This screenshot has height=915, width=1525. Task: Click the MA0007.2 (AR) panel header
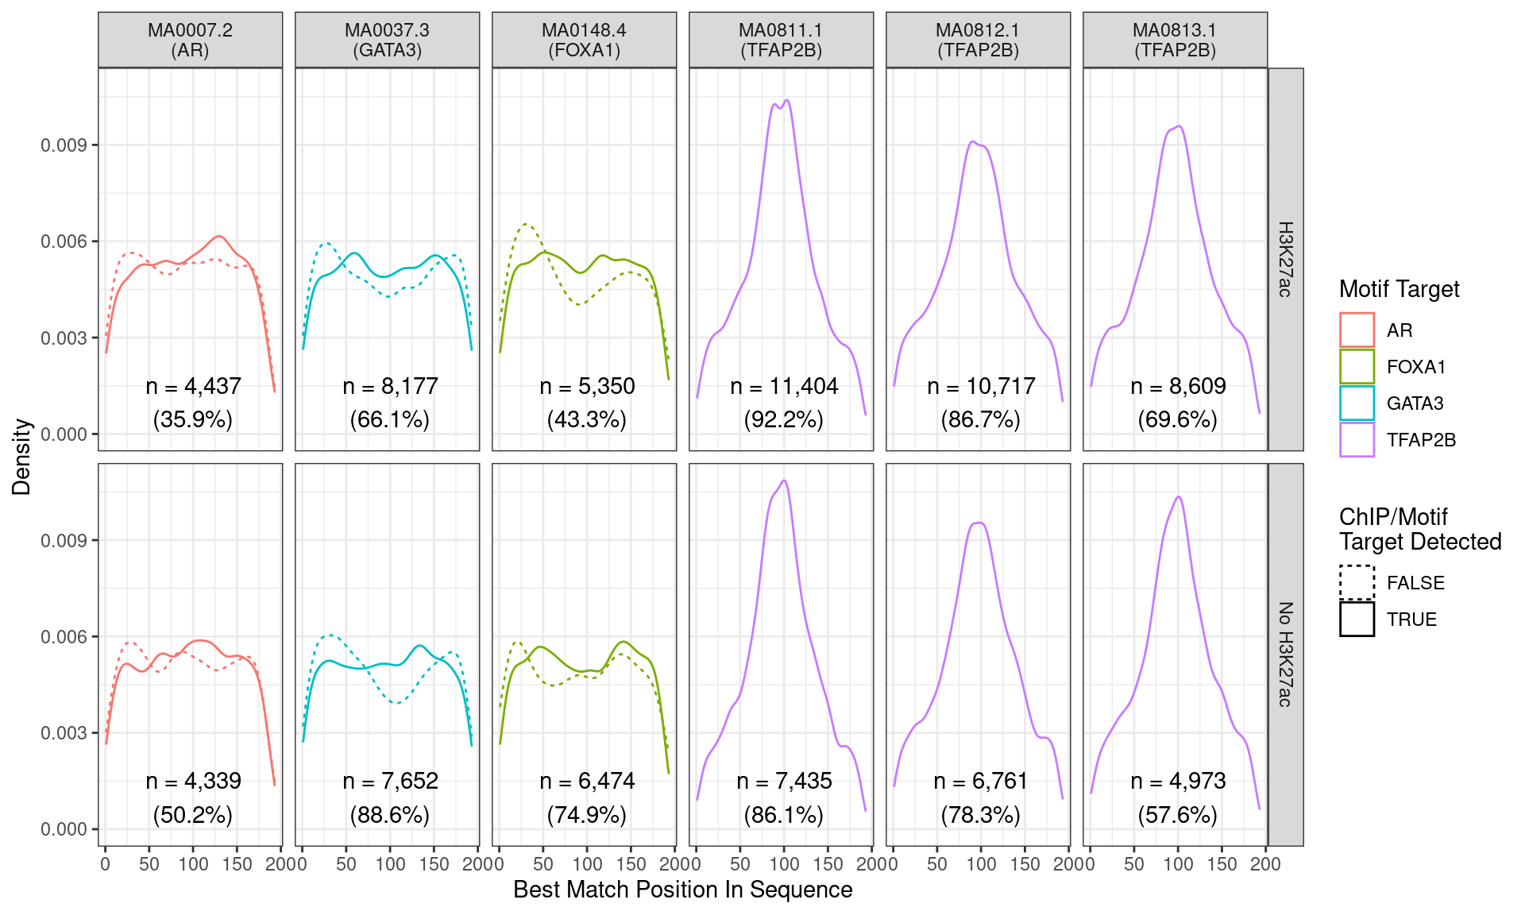(x=190, y=40)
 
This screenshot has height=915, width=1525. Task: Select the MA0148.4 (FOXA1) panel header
(x=584, y=40)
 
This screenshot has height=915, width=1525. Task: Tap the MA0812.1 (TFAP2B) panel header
(x=978, y=40)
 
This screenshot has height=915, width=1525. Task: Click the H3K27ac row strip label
(x=1285, y=259)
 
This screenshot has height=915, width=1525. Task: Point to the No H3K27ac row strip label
(x=1285, y=654)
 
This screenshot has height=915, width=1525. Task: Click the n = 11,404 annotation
(x=784, y=386)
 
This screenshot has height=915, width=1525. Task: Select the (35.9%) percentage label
(x=192, y=419)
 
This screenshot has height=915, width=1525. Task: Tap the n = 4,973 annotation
(x=1178, y=781)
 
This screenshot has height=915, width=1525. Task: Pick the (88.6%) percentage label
(x=389, y=815)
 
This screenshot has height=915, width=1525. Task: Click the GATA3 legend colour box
(x=1357, y=403)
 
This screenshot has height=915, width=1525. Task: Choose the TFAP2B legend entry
(x=1420, y=440)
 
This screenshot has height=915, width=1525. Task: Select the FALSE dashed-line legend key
(x=1357, y=582)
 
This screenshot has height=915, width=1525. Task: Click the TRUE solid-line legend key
(x=1357, y=619)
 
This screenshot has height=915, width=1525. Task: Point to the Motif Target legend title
(x=1399, y=289)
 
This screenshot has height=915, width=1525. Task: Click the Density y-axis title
(x=21, y=457)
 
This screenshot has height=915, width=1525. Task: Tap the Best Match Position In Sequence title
(x=682, y=890)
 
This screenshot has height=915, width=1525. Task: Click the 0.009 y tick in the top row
(x=64, y=145)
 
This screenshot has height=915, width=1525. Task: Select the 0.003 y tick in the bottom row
(x=64, y=732)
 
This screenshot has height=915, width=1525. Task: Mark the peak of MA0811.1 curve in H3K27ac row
(x=786, y=100)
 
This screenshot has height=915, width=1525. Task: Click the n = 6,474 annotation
(x=587, y=781)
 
